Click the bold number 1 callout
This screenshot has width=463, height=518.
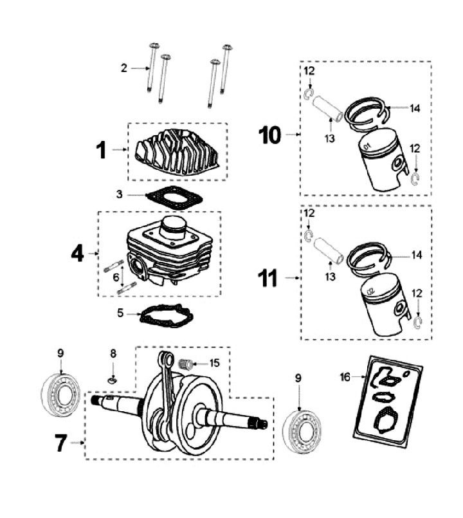click(101, 150)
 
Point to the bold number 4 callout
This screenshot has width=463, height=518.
click(77, 254)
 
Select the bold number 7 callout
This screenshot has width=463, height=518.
click(60, 443)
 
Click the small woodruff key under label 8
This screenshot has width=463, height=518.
click(113, 381)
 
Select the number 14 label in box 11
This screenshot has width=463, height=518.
click(416, 255)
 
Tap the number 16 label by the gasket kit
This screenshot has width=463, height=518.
click(345, 377)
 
